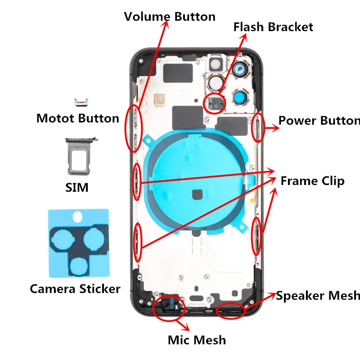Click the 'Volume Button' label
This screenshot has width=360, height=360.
coord(170,17)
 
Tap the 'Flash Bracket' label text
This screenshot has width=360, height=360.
coord(273,27)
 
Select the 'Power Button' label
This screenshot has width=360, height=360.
coord(319,121)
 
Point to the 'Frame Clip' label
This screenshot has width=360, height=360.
coord(312,181)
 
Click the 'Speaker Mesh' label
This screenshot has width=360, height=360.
coord(318,296)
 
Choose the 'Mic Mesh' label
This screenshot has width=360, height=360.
coord(197,340)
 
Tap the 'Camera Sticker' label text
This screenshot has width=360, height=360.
coord(75,288)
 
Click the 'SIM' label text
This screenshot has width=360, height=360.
coord(77,187)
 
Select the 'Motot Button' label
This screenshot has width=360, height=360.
coord(78,119)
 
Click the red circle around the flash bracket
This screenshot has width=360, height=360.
coord(215,103)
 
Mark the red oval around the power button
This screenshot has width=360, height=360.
coord(258,128)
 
